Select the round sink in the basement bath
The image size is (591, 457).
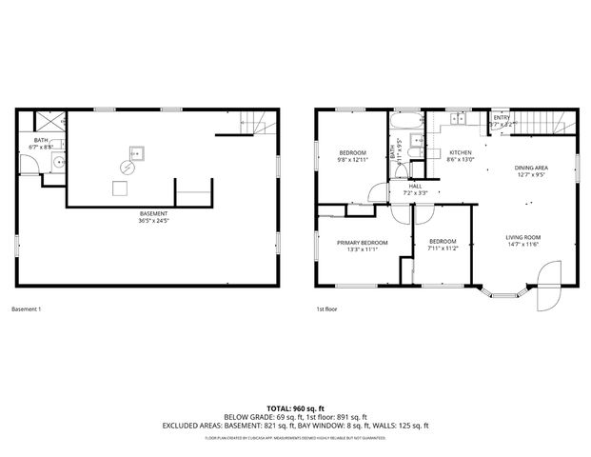coord(59,163)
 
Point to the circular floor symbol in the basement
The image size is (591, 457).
coord(127,167)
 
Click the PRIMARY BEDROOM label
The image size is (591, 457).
coord(362,243)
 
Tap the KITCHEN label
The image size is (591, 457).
coord(460,152)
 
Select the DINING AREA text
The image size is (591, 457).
coord(531,168)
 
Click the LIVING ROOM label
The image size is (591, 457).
coord(522,237)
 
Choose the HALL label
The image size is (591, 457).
coord(415,186)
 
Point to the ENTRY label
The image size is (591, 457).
coord(501,117)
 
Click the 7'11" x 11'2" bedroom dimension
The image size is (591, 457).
coord(443,248)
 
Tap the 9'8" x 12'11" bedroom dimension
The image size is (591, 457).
coord(353,160)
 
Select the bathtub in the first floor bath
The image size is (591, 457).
coord(406,123)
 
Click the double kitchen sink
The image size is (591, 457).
coord(458,119)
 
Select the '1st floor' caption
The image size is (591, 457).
coord(326,309)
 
